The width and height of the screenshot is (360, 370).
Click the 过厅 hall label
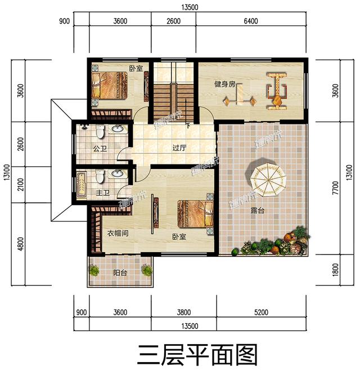(x=179, y=149)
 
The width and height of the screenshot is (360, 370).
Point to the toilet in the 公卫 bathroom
(x=100, y=132)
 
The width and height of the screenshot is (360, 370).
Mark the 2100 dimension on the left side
(x=21, y=183)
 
